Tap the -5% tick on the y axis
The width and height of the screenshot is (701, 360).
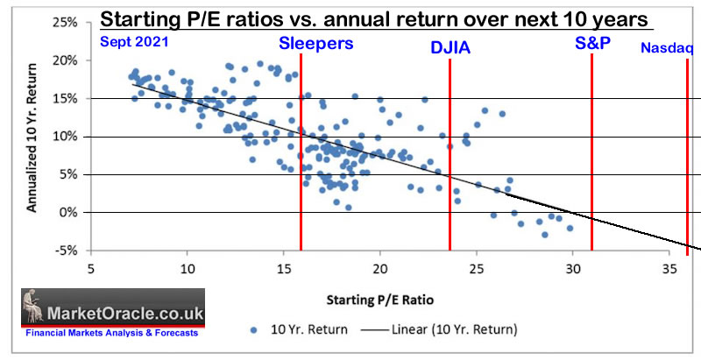73,251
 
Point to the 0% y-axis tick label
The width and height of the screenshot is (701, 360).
74,213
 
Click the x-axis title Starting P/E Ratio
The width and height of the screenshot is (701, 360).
379,300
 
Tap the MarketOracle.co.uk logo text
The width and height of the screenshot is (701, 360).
126,312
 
